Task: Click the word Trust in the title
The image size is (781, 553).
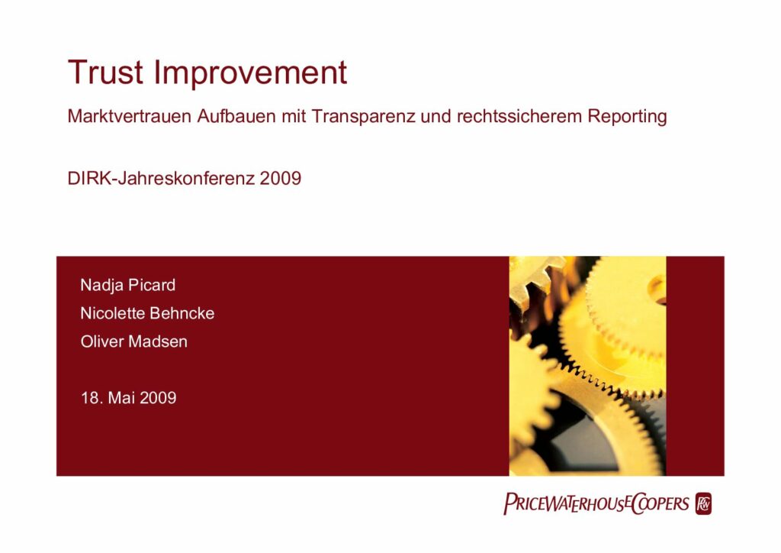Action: tap(105, 73)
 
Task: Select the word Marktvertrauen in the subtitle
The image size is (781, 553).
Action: tap(130, 116)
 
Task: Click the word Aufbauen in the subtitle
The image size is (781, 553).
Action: tap(236, 116)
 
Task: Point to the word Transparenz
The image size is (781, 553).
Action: tap(363, 117)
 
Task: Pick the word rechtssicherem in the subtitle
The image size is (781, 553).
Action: tap(519, 116)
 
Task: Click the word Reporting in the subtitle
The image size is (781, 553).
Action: tap(627, 117)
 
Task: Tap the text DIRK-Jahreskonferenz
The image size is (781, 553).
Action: tap(161, 178)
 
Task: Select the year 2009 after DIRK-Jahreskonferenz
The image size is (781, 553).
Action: tap(281, 178)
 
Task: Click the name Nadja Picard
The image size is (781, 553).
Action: tap(128, 285)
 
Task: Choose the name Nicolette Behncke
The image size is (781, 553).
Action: tap(147, 313)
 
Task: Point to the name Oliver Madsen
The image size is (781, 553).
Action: tap(134, 341)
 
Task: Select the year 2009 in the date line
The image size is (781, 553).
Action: tap(158, 398)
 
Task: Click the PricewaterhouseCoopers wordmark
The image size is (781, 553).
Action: tap(596, 503)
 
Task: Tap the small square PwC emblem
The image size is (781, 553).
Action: tap(704, 503)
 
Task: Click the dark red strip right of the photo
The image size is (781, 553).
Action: tap(696, 366)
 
